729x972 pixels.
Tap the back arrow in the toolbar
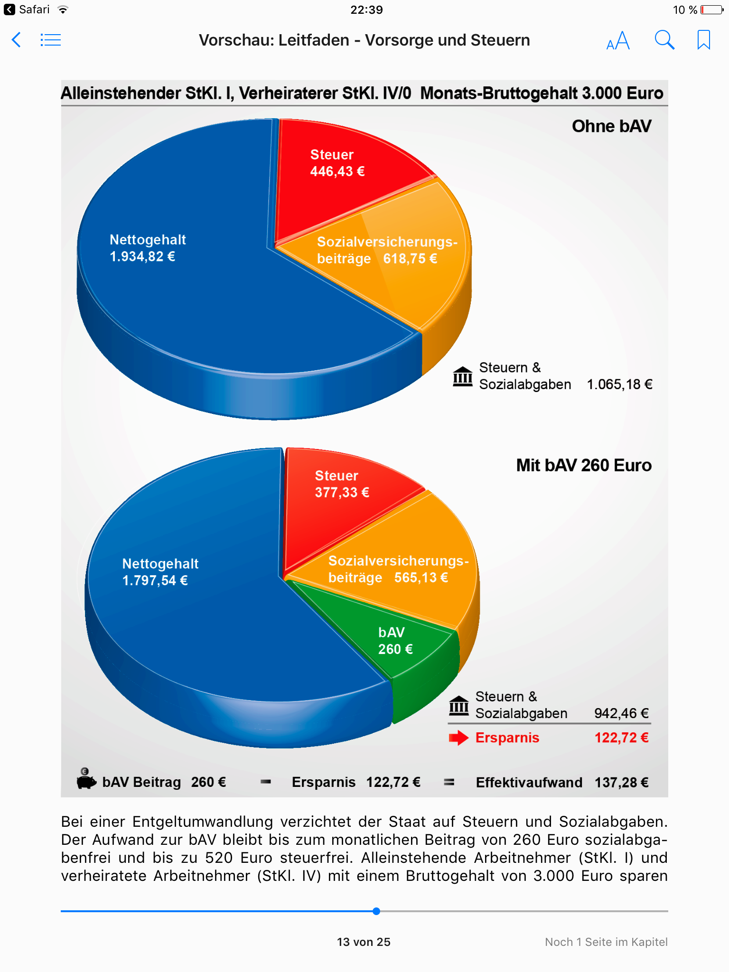(17, 40)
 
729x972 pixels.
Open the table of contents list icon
(51, 40)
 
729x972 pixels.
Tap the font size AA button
(618, 40)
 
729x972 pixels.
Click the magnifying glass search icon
(664, 40)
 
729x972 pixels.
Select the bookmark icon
(703, 40)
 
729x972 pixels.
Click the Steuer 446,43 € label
(337, 163)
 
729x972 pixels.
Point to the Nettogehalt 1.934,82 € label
(147, 248)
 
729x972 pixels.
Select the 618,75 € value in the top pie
(410, 259)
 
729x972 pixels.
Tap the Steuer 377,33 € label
(342, 484)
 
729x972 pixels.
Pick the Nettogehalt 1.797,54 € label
(160, 572)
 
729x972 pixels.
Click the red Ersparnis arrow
(458, 738)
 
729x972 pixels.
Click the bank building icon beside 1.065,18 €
(462, 376)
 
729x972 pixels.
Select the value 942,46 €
(621, 713)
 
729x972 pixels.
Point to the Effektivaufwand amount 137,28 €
(621, 782)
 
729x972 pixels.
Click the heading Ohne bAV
(611, 126)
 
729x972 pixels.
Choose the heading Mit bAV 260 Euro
(584, 465)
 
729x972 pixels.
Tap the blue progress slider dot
(376, 911)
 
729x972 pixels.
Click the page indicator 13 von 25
(364, 942)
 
